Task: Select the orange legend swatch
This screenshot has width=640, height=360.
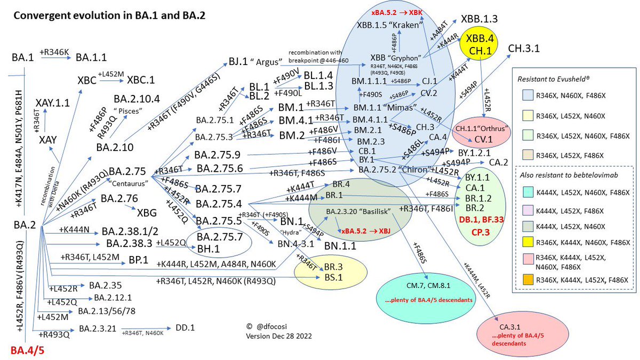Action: pyautogui.click(x=531, y=278)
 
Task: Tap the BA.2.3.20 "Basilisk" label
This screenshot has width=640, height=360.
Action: pyautogui.click(x=358, y=212)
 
